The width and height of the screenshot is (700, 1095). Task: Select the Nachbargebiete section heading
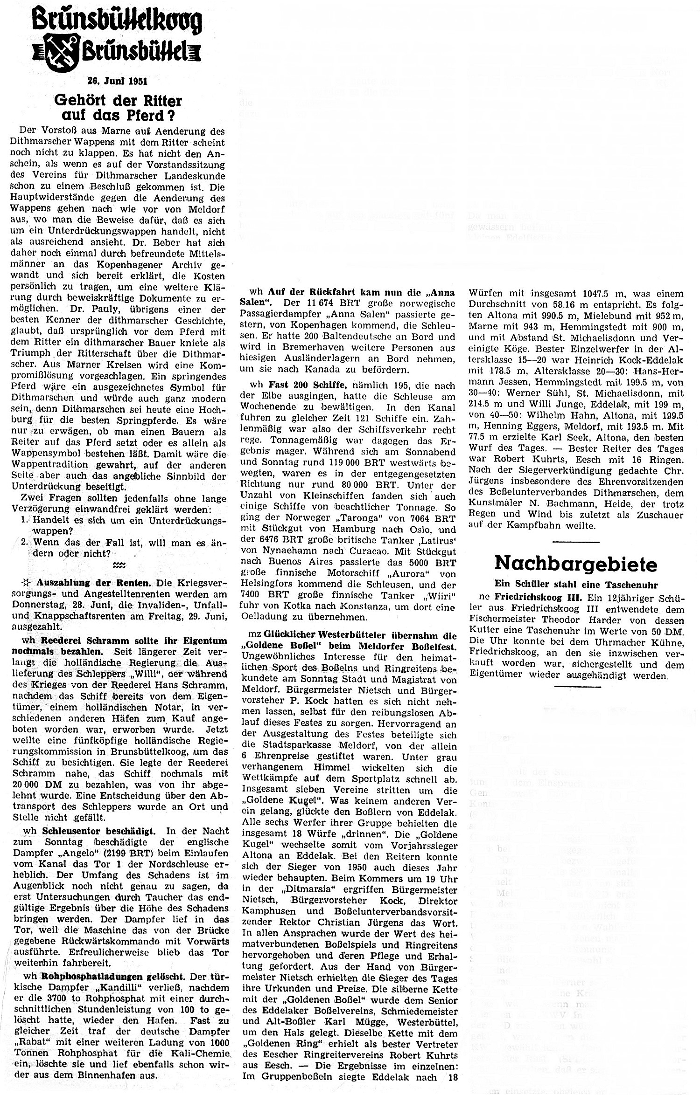coord(575,564)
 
